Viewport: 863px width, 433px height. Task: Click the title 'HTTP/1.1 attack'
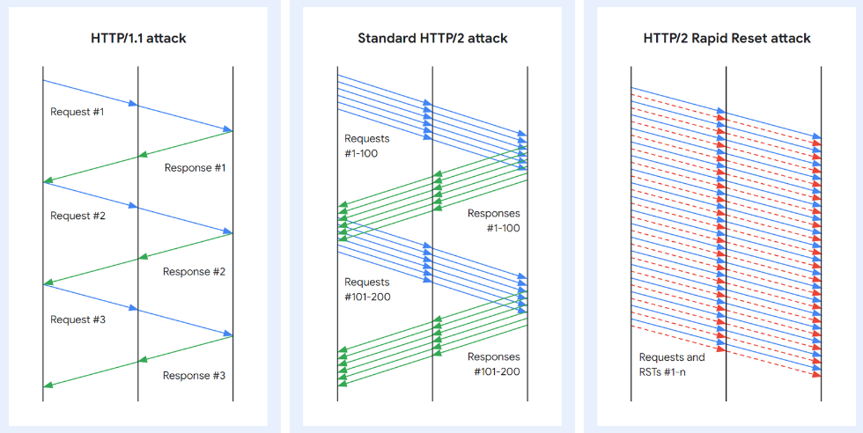(x=138, y=39)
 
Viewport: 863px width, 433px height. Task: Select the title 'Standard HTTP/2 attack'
(x=432, y=39)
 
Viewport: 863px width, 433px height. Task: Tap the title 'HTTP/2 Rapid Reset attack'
(x=727, y=39)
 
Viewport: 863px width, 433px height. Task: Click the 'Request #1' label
(x=77, y=112)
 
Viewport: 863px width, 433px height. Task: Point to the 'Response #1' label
(x=195, y=167)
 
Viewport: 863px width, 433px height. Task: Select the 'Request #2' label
(x=77, y=216)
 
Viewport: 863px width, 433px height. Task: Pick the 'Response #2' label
(x=195, y=271)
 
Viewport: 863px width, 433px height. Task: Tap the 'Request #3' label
(x=77, y=319)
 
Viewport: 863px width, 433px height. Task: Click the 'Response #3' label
(x=195, y=375)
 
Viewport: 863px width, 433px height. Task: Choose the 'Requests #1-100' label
(x=367, y=145)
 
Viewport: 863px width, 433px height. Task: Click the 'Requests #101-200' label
(x=367, y=289)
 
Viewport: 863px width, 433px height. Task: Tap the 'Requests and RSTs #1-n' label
(x=672, y=364)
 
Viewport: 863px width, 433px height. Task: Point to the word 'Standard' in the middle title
(x=385, y=39)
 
